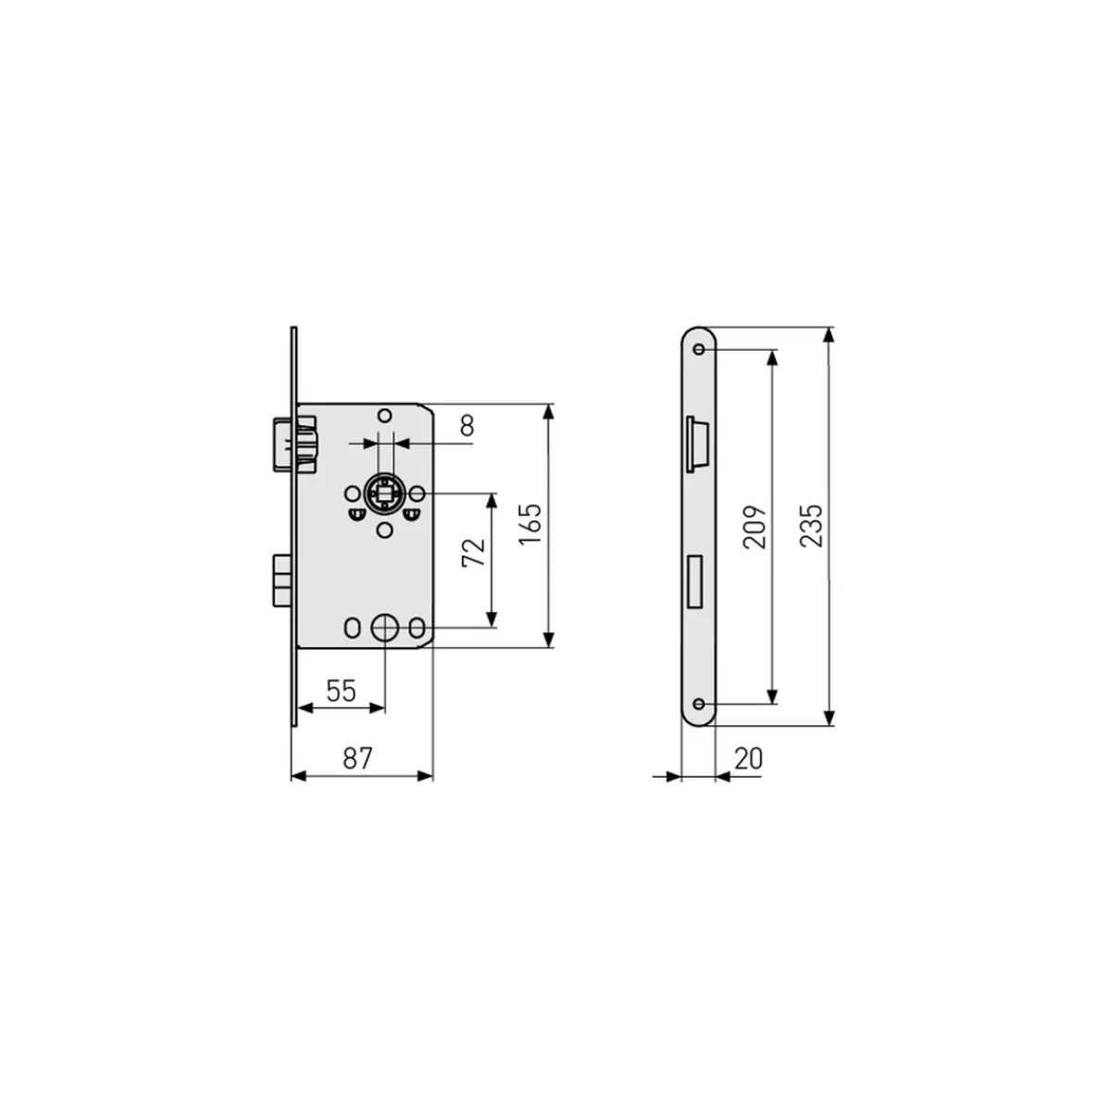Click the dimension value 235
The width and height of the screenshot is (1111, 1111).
tap(811, 525)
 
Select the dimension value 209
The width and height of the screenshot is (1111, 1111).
tap(755, 527)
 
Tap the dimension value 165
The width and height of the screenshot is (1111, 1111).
tap(530, 523)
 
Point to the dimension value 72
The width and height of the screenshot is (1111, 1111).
tap(474, 553)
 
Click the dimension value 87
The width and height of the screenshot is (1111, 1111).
tap(357, 757)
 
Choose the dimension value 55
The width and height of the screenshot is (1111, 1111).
tap(341, 690)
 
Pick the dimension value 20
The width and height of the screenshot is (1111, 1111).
tap(748, 758)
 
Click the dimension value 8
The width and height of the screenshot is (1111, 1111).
tap(467, 426)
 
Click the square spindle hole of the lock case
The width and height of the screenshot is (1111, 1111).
tap(384, 494)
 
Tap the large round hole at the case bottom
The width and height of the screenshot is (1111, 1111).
tap(384, 628)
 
